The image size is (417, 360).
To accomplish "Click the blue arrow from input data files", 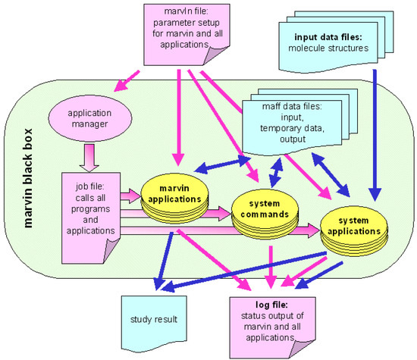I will [375, 136].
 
